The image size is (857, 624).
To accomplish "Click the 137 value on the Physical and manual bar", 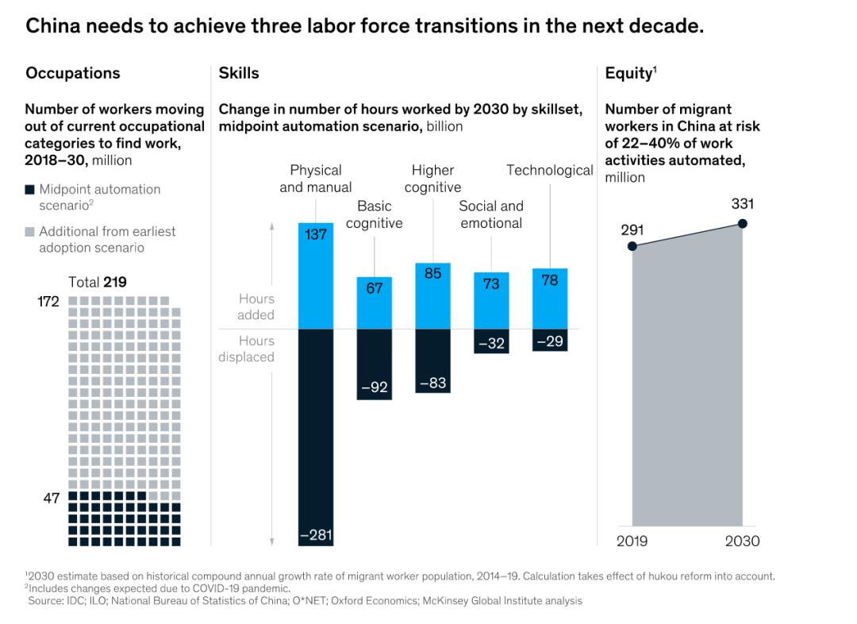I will (316, 235).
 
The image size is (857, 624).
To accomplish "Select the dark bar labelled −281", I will (316, 437).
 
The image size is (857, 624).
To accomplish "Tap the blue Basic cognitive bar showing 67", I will (375, 302).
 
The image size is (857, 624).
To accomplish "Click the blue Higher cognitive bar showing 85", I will (433, 295).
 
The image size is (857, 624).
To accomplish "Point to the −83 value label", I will (433, 383).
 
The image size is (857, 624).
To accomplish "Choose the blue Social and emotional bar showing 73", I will (491, 300).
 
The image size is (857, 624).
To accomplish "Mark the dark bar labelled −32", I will (491, 341).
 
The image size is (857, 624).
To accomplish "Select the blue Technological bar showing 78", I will (550, 299).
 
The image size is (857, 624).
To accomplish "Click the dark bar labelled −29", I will (550, 340).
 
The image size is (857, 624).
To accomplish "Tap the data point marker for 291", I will (632, 246).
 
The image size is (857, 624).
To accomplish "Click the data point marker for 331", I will (743, 224).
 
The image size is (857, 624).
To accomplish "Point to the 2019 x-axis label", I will (632, 541).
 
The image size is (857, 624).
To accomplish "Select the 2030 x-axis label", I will (743, 541).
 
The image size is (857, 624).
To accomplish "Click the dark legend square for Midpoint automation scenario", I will (29, 190).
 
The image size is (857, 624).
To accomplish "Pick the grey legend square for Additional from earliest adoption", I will (29, 232).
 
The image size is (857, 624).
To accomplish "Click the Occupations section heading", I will (73, 73).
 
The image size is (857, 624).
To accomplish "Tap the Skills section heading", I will (239, 73).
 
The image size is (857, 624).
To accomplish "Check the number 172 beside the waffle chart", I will (48, 302).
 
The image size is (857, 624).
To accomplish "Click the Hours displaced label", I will (246, 349).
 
